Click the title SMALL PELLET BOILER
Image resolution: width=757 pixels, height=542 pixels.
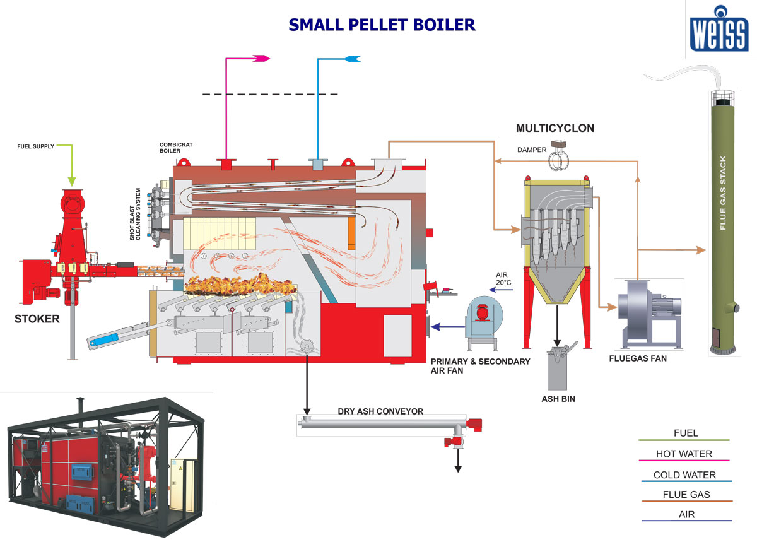[382, 25]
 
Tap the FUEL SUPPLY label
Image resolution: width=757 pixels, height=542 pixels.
[35, 146]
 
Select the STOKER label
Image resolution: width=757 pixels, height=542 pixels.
[37, 319]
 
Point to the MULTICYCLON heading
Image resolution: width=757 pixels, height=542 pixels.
[555, 128]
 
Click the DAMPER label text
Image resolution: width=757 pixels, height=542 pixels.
[531, 150]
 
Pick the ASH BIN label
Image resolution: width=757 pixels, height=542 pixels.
[558, 399]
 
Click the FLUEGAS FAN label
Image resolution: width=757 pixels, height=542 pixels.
[638, 358]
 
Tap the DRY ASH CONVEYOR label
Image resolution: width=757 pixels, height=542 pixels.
[380, 412]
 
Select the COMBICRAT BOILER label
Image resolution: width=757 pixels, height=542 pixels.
[175, 148]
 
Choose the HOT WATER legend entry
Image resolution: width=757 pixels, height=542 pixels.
[684, 454]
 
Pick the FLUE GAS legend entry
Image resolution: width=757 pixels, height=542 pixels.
[686, 495]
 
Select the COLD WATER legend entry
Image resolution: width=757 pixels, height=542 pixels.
[684, 474]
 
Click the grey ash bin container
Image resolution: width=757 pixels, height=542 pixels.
[558, 372]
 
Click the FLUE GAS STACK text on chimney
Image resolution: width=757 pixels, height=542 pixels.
[723, 192]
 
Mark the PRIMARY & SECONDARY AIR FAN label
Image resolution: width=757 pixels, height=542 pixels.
[480, 366]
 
